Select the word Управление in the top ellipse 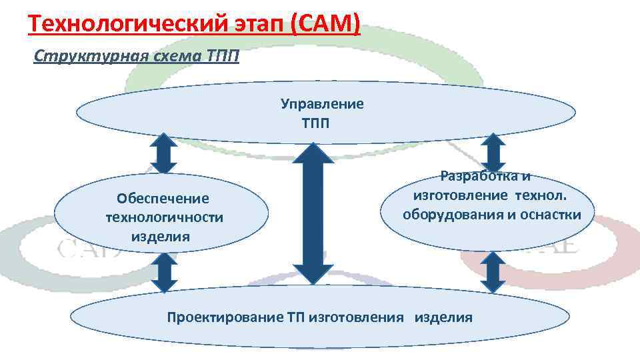point(322,104)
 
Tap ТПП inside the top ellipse point(316,123)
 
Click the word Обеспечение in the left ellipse point(163,199)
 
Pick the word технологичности point(165,217)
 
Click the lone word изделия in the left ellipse point(160,236)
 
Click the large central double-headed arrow point(313,215)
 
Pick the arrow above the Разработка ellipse point(493,152)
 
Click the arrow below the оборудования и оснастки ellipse point(493,271)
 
